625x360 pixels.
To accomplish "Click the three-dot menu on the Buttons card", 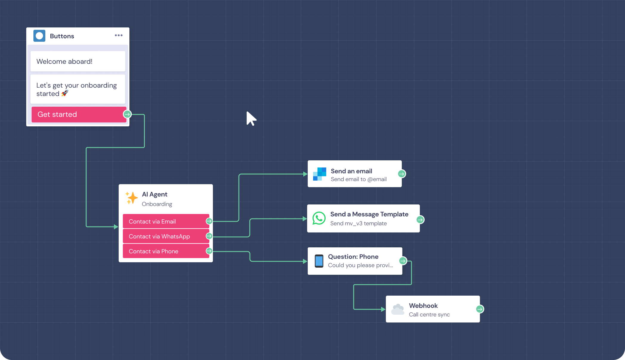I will [x=119, y=35].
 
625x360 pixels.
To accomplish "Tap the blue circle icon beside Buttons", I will [x=39, y=36].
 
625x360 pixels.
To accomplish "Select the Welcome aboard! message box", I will [x=78, y=61].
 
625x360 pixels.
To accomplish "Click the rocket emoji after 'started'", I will [x=65, y=94].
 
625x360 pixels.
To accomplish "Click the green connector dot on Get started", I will [x=127, y=114].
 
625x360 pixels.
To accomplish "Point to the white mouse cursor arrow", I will [x=251, y=118].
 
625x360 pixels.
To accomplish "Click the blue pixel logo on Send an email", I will [x=319, y=174].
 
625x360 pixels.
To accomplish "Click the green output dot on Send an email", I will [x=402, y=174].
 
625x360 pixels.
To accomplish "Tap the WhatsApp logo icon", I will [x=319, y=218].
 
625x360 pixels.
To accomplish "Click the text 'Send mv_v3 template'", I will [x=358, y=224].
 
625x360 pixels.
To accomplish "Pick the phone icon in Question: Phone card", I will [x=319, y=261].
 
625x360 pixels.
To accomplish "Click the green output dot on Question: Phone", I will [x=403, y=261].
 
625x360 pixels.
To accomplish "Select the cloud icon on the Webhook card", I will [x=398, y=309].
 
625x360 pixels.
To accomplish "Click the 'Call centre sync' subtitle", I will [x=429, y=315].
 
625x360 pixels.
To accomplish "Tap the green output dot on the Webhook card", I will [x=480, y=309].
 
